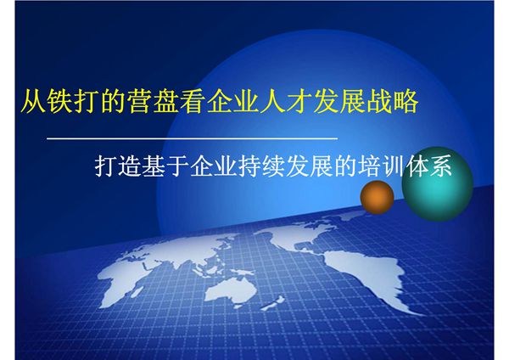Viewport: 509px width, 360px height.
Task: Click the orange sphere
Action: pos(378,198)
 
